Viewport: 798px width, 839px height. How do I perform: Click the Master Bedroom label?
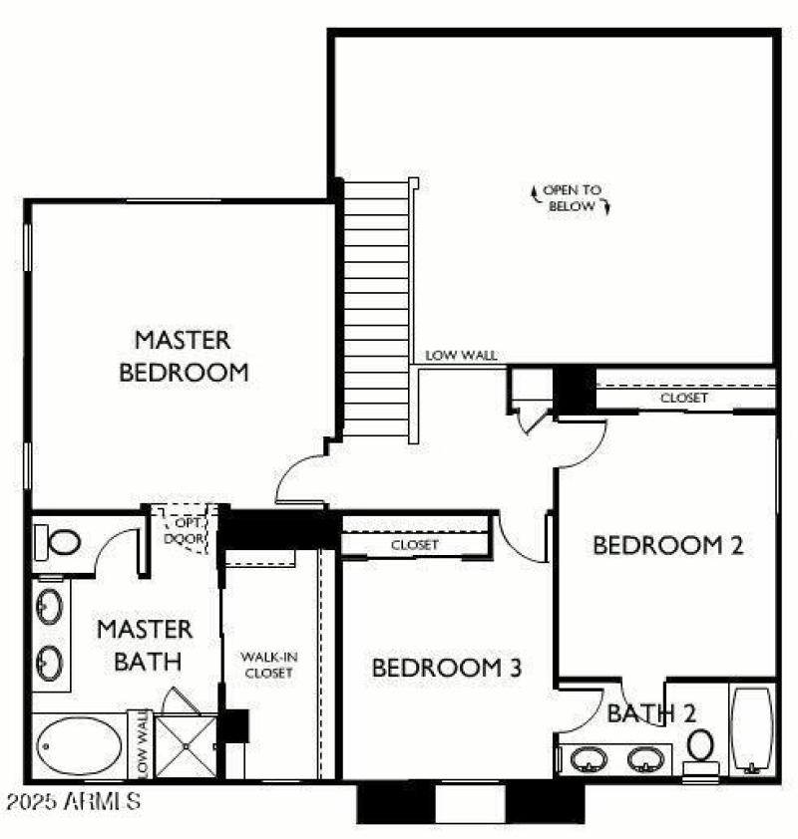coord(183,356)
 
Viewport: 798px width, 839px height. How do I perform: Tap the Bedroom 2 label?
coord(668,545)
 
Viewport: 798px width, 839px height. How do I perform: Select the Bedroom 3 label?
coord(446,667)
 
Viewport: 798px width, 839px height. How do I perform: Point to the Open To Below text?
coord(574,197)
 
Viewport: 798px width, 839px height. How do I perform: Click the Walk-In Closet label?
coord(267,665)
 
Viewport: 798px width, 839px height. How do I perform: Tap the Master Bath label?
coord(145,645)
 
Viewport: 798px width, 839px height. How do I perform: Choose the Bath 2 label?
coord(651,712)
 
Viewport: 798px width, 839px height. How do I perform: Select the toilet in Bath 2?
coord(701,747)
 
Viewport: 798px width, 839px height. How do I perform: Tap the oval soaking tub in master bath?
coord(78,745)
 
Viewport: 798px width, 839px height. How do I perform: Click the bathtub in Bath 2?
coord(752,729)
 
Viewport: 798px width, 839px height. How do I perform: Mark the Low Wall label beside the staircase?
coord(461,355)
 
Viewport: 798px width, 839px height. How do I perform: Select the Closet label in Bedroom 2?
coord(684,398)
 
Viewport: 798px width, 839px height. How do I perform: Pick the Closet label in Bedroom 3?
coord(415,545)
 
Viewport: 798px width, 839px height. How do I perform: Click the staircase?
coord(376,309)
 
